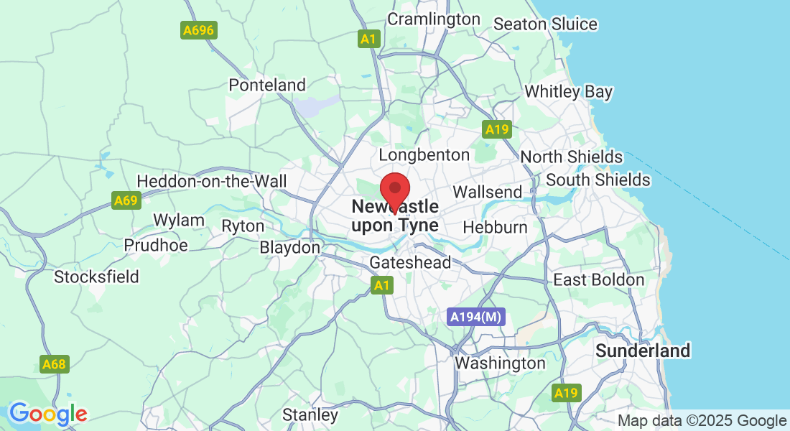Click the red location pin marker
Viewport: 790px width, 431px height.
(394, 190)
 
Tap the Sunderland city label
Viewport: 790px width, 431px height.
(643, 351)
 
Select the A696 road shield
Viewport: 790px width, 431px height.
(199, 30)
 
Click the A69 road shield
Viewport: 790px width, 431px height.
(126, 200)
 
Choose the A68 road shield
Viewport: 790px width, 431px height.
(54, 364)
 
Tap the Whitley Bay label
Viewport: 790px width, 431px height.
(568, 92)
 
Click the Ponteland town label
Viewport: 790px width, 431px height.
(267, 85)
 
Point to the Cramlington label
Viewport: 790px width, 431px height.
(434, 19)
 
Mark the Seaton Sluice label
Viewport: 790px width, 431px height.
(545, 24)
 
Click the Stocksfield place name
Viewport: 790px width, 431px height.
(96, 277)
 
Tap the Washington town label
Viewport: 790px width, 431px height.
(500, 363)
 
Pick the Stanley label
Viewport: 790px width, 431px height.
(310, 414)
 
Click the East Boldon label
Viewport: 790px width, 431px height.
(598, 280)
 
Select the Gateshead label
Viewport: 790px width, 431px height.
(410, 263)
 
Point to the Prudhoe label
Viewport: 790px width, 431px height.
(156, 245)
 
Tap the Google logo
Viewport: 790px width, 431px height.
(48, 414)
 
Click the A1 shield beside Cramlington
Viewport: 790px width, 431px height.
(368, 39)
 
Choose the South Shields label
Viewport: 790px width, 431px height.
(598, 180)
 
